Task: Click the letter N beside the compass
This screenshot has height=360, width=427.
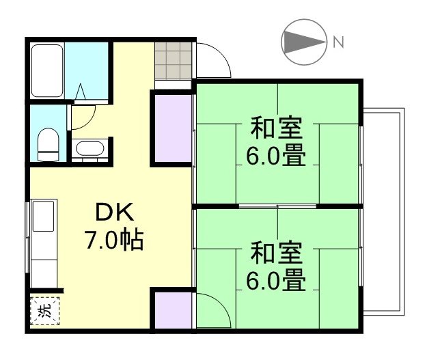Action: point(338,42)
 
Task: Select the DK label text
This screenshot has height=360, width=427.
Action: point(113,213)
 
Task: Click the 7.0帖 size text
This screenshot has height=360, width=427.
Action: point(113,240)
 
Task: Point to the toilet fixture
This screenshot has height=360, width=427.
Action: point(48,144)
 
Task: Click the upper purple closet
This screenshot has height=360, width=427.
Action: point(171,128)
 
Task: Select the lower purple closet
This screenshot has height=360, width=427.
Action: point(171,311)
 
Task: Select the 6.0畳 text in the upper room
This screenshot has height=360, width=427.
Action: point(275,156)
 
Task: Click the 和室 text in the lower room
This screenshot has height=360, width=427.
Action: point(275,252)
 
